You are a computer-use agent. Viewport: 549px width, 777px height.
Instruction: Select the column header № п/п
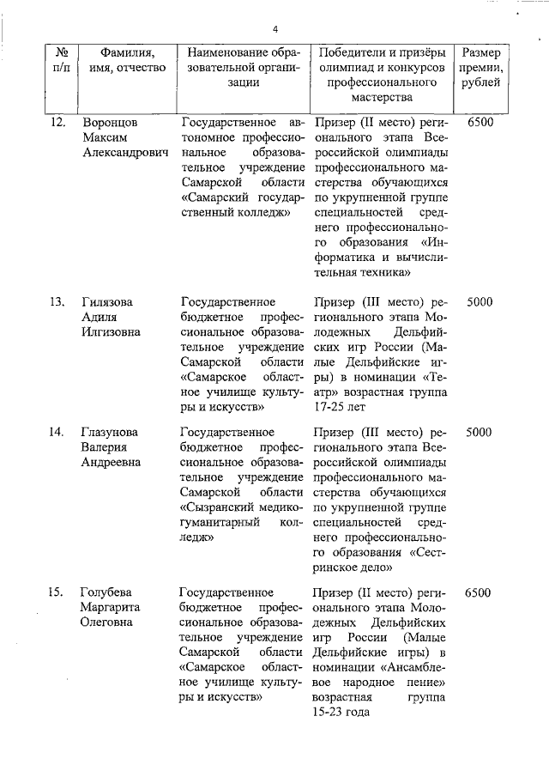click(x=62, y=59)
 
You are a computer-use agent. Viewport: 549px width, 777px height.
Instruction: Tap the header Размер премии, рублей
click(x=482, y=67)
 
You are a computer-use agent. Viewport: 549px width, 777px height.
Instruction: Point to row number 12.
click(x=57, y=123)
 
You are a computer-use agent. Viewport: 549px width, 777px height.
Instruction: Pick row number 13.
click(x=57, y=302)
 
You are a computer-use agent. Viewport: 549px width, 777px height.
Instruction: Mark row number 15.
click(x=57, y=592)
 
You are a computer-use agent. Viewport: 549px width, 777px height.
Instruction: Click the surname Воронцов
click(x=109, y=123)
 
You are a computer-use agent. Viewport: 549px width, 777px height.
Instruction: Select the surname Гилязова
click(x=108, y=302)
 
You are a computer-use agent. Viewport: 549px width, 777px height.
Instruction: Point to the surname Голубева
click(x=107, y=592)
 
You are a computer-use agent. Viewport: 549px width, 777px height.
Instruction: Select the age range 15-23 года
click(x=341, y=712)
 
